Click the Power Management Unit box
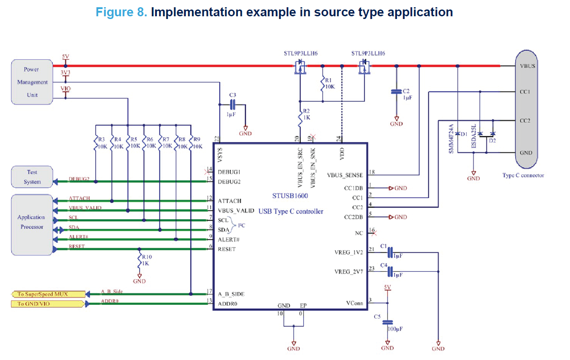(32, 82)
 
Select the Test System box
(32, 177)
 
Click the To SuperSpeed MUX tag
(47, 294)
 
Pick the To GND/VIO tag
(47, 304)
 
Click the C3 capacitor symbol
(233, 105)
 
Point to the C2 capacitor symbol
(396, 92)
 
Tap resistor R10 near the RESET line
(139, 260)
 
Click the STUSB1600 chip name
(290, 196)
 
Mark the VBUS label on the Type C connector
(528, 66)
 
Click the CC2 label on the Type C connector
(525, 121)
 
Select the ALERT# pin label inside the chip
(229, 239)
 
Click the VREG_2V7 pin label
(349, 272)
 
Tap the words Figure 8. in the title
(122, 12)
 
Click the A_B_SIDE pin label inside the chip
(231, 294)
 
